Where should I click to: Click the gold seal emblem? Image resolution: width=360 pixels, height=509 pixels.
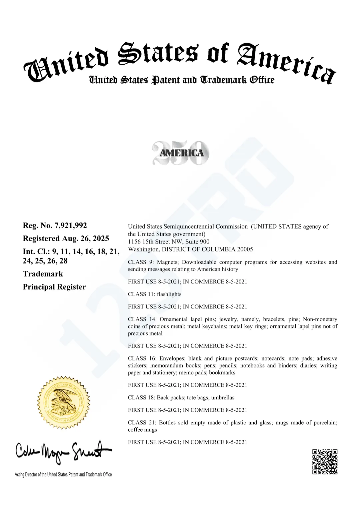click(x=63, y=403)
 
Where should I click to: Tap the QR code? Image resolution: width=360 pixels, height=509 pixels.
click(x=325, y=462)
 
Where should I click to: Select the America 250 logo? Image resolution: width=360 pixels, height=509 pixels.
click(x=181, y=153)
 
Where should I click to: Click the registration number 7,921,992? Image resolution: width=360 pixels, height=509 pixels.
click(x=71, y=226)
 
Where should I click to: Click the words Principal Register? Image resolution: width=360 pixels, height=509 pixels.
click(x=54, y=287)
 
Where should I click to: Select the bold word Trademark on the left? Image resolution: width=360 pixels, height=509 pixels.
click(x=43, y=274)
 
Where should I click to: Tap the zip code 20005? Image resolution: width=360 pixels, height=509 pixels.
click(x=245, y=249)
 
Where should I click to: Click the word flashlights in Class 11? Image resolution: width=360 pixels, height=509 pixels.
click(x=169, y=294)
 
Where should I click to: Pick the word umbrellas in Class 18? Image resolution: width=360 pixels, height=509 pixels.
click(x=223, y=397)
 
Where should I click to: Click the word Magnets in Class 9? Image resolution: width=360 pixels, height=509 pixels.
click(x=168, y=262)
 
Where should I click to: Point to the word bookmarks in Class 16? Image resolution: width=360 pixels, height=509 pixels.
click(x=222, y=372)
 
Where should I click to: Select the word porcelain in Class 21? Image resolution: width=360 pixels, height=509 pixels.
click(x=323, y=422)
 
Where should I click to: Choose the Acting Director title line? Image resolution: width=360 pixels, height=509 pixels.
click(x=63, y=474)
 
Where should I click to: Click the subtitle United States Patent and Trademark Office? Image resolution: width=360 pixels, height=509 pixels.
click(x=182, y=80)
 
